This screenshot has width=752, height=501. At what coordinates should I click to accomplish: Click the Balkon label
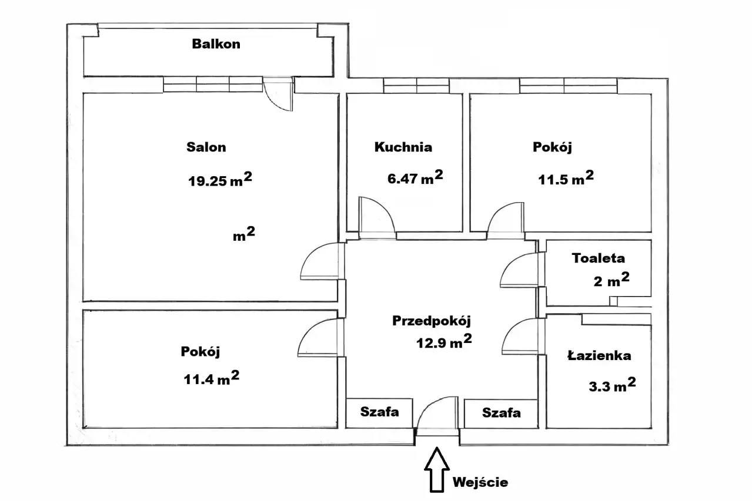coord(216,44)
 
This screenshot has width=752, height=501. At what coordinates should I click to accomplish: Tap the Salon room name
coord(206,147)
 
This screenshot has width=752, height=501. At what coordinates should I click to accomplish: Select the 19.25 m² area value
coord(220,180)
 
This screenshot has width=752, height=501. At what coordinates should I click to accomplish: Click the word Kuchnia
coord(403,147)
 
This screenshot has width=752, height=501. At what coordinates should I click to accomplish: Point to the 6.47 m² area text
coord(415,179)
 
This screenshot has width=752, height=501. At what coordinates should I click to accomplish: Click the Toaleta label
coord(599,258)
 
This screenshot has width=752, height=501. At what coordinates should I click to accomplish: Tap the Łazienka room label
coord(599,355)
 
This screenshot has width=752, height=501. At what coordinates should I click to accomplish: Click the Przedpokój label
coord(432,321)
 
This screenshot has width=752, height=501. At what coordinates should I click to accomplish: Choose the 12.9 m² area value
coord(444,343)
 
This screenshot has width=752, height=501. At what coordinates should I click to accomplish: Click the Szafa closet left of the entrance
coord(379,412)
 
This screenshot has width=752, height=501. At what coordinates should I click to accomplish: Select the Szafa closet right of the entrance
coord(501,412)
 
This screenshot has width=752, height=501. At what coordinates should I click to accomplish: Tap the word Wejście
coord(480,483)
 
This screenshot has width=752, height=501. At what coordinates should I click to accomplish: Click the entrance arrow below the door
coord(436,469)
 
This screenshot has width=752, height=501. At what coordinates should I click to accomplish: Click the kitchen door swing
coord(376,216)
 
